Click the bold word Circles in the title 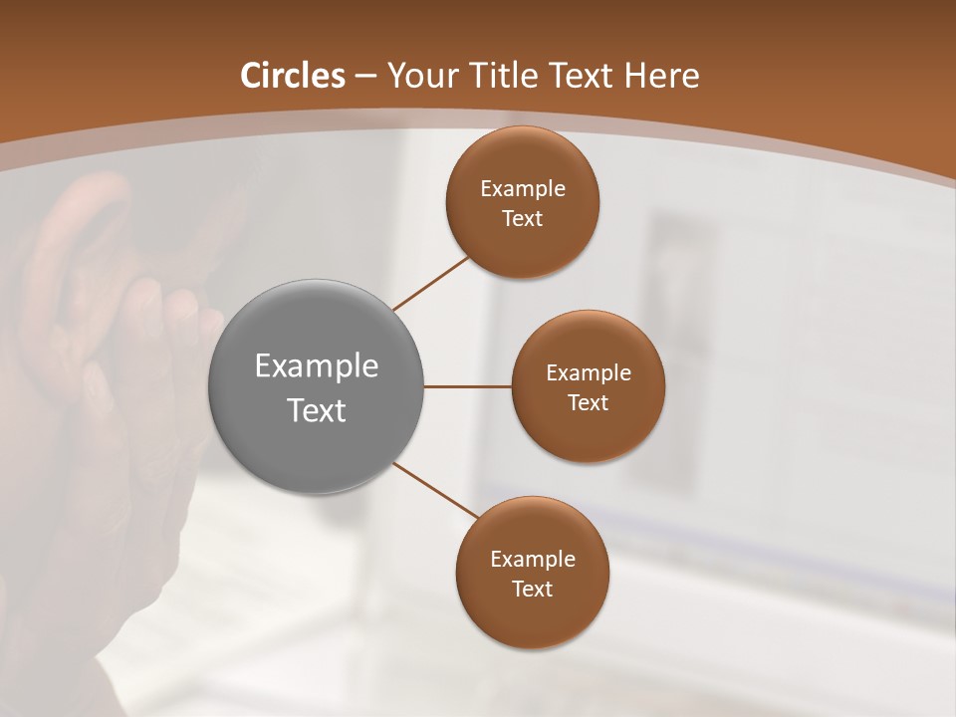tap(293, 76)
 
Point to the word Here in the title tap(662, 76)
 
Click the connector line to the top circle tap(430, 283)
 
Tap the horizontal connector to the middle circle tap(468, 386)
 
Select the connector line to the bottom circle tap(436, 491)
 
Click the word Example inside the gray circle tap(317, 366)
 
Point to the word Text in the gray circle tap(317, 410)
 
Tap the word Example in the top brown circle tap(523, 189)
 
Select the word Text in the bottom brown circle tap(532, 590)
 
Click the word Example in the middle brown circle tap(588, 373)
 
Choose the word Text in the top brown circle tap(523, 219)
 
